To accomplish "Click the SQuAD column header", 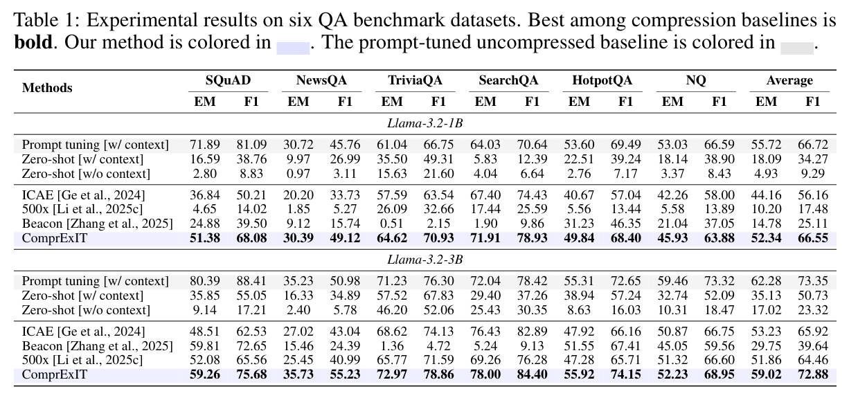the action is [228, 80].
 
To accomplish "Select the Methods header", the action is [47, 88].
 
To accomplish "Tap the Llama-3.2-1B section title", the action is [425, 123].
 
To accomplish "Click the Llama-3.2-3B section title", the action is [425, 260].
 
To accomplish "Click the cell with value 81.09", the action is [251, 145].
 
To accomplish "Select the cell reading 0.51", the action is [392, 224].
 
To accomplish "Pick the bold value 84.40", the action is [532, 374].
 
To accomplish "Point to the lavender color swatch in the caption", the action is [293, 48].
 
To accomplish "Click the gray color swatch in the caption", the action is [796, 48].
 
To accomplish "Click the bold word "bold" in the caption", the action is [33, 42].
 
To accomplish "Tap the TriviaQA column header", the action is [415, 80].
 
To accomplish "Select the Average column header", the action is [789, 80].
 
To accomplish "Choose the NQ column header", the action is [696, 80].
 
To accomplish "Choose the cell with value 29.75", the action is [766, 346].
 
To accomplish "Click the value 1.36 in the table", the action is [392, 346].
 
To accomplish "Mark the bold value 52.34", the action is [766, 238].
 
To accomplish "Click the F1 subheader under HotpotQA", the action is [626, 102].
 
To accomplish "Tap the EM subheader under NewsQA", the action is [298, 102].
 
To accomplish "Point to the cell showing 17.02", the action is [766, 310].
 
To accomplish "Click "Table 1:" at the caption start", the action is [46, 20].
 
